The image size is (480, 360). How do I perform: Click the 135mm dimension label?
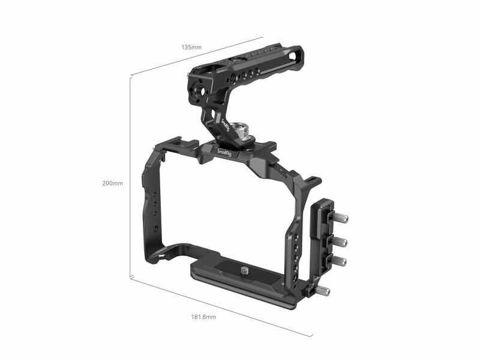click(191, 47)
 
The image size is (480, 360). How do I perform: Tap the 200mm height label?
click(112, 183)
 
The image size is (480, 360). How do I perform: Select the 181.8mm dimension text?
click(203, 317)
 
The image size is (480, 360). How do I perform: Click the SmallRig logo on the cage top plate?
click(224, 152)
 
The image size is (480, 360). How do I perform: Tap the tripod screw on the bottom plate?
click(244, 271)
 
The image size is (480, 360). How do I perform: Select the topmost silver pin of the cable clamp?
click(341, 218)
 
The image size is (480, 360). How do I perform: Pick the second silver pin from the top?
click(340, 242)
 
